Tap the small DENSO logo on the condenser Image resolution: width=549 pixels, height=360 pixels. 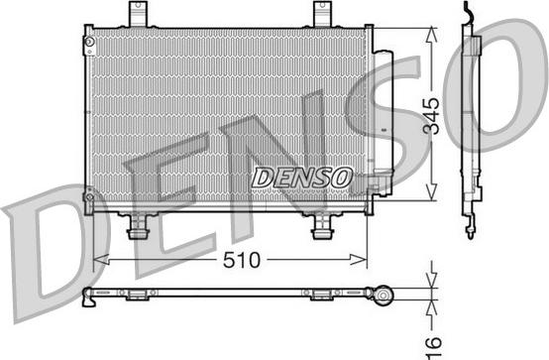tap(301, 177)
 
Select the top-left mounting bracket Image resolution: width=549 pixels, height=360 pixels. tap(137, 14)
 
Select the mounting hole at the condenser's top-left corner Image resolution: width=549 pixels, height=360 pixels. tap(88, 44)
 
